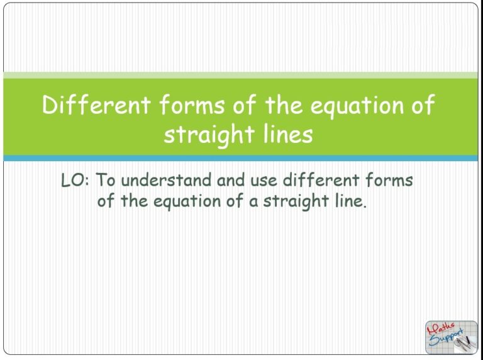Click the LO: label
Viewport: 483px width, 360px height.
(x=75, y=181)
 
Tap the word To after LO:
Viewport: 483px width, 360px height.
(x=106, y=181)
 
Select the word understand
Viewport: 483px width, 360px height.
(x=166, y=181)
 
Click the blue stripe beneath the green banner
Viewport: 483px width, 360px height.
(x=241, y=158)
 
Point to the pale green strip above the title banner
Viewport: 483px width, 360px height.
(x=241, y=75)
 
